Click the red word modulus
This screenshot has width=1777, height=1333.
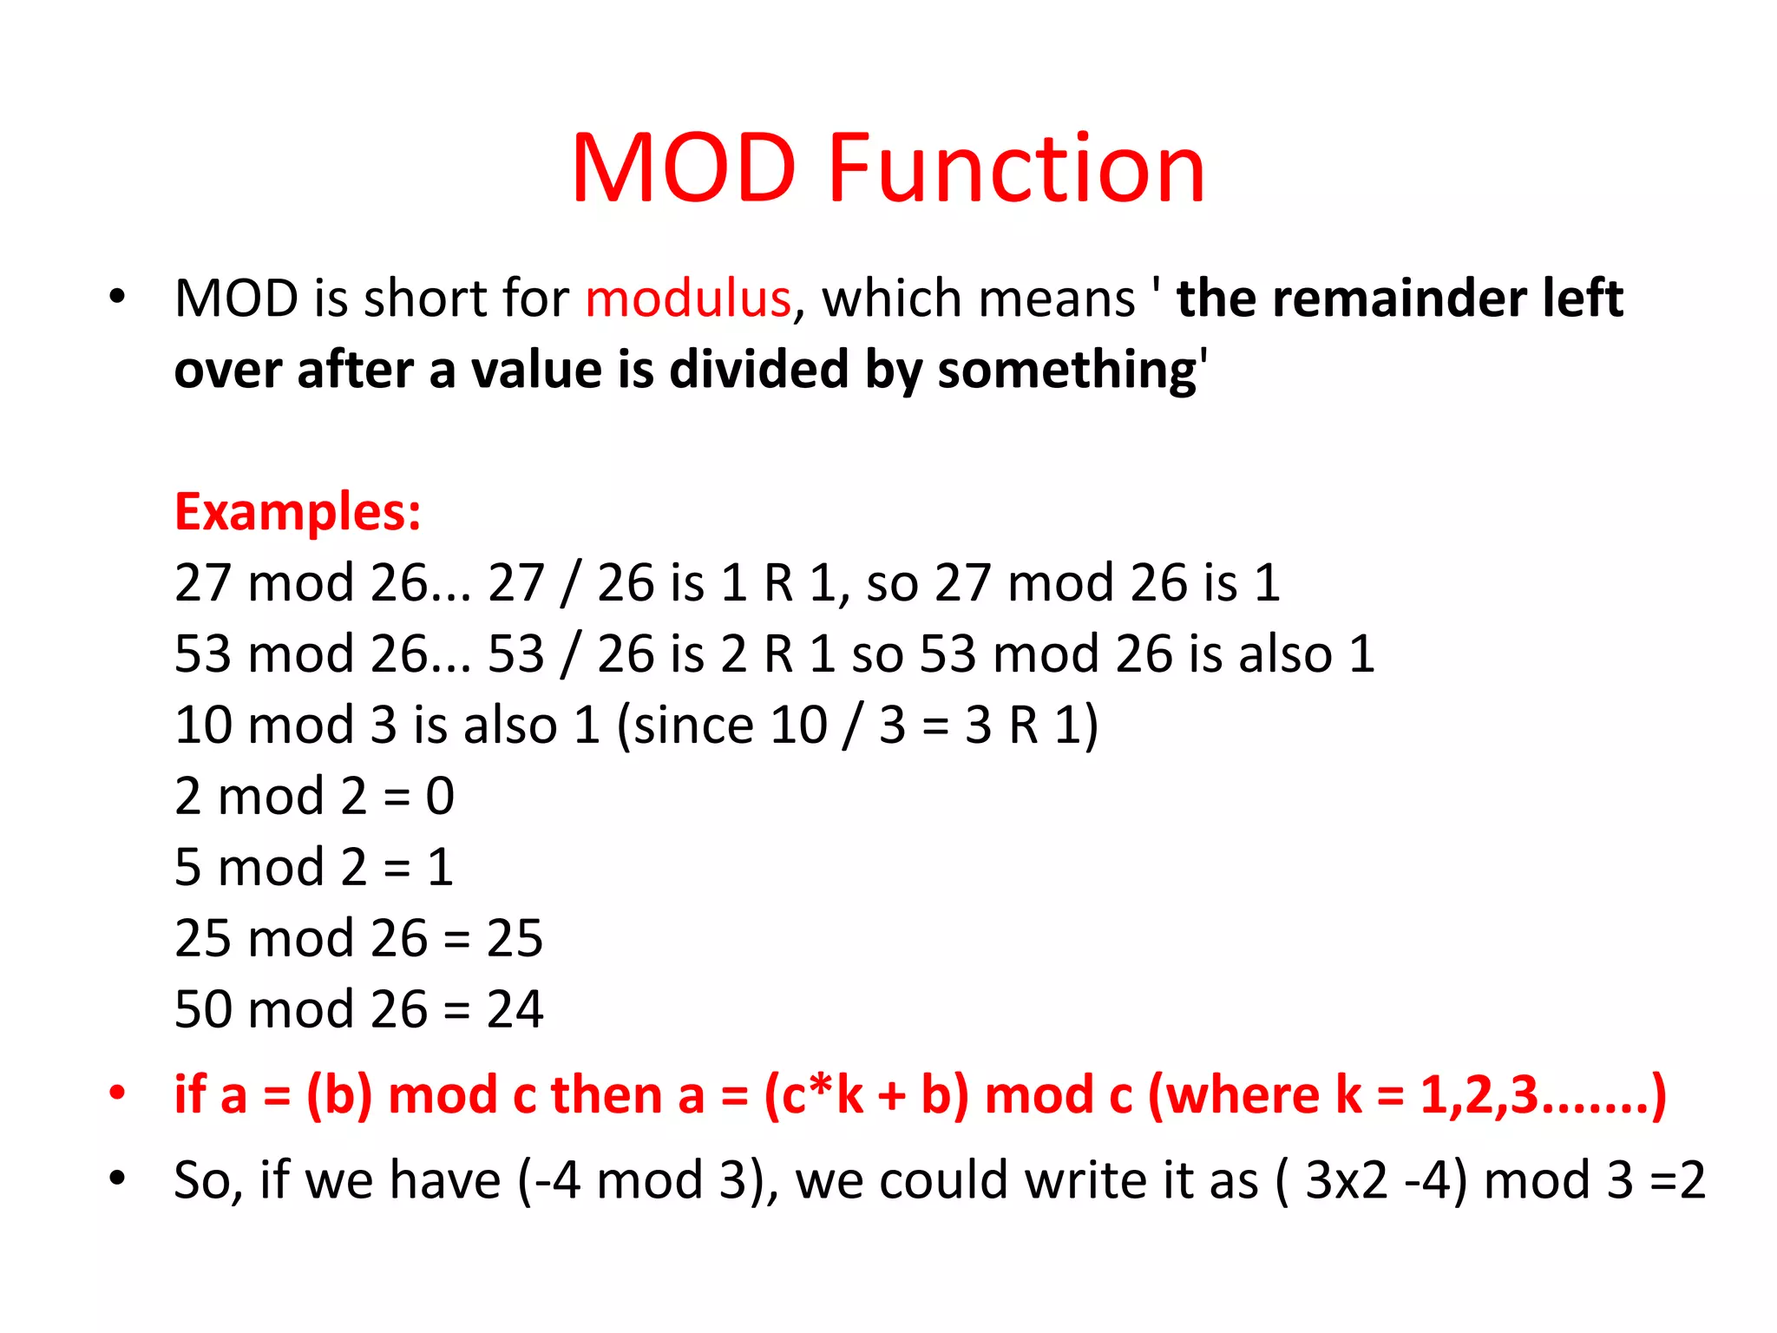pyautogui.click(x=688, y=299)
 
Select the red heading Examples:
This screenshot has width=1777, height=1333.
pyautogui.click(x=298, y=511)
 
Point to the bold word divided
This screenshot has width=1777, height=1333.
pyautogui.click(x=759, y=370)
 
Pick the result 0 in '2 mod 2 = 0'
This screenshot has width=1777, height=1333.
pyautogui.click(x=440, y=796)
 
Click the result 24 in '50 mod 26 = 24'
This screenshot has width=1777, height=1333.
pyautogui.click(x=515, y=1009)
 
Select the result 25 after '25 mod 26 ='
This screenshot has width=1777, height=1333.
pyautogui.click(x=515, y=938)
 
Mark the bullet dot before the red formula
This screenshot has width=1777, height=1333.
pyautogui.click(x=117, y=1093)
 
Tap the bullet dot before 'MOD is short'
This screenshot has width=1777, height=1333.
pyautogui.click(x=117, y=298)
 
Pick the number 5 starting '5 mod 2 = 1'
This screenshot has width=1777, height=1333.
pyautogui.click(x=187, y=867)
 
